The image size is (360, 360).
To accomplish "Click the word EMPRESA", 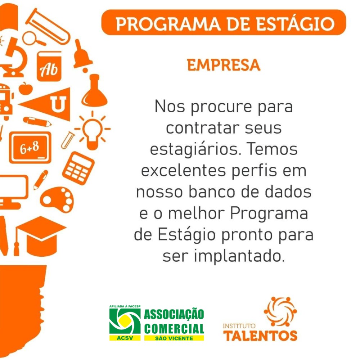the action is click(x=224, y=65).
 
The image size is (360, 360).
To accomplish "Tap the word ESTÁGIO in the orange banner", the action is click(x=295, y=23).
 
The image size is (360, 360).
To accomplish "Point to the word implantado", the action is click(x=239, y=256).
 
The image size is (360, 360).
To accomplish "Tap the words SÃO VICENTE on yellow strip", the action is click(x=174, y=338).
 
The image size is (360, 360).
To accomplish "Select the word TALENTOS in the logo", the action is click(x=260, y=336).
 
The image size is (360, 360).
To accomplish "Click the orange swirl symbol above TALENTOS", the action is click(x=280, y=311).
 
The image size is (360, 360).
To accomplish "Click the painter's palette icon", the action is click(x=57, y=199).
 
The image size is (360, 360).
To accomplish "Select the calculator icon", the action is click(x=78, y=168).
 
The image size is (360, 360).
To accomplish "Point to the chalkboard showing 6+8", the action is click(x=30, y=147).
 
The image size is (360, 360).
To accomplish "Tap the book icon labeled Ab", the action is click(x=49, y=66).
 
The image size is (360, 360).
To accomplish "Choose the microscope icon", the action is click(x=13, y=57).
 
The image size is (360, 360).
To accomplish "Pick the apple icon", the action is click(x=26, y=89).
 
